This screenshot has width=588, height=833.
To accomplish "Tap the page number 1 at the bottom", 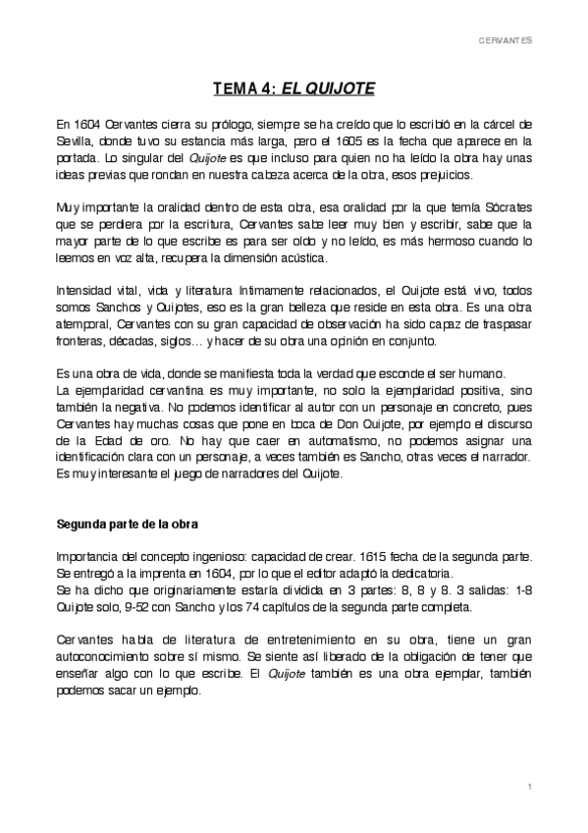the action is click(x=528, y=787).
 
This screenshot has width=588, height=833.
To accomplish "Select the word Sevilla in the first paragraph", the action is click(x=75, y=140).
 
